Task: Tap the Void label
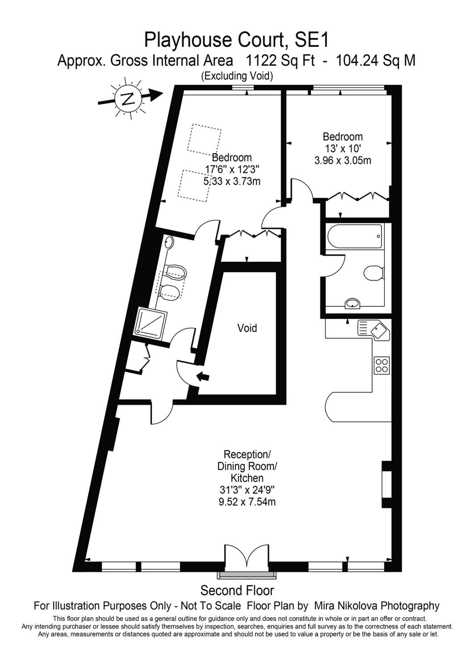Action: pos(247,328)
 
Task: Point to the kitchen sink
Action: pos(374,329)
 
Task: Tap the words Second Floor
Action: pos(237,591)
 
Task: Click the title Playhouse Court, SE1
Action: pos(237,40)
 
